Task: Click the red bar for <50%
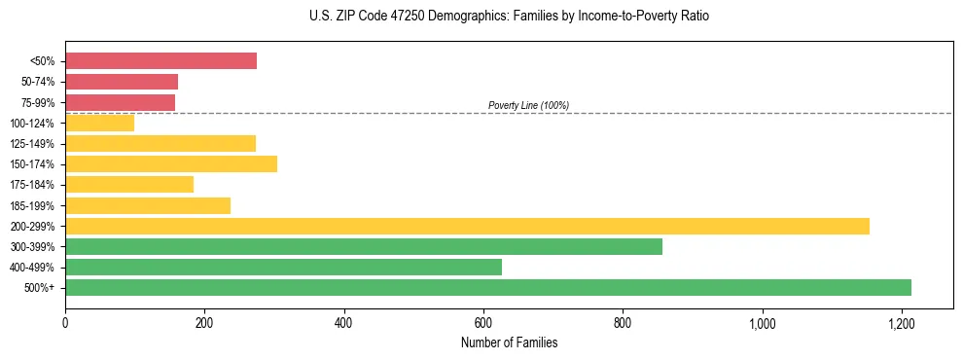coord(160,61)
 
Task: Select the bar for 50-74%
coord(122,82)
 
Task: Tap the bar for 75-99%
coord(120,102)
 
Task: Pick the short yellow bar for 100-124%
coord(99,123)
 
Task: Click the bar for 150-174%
coord(171,164)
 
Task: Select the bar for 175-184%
coord(129,185)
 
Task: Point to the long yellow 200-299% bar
coord(467,226)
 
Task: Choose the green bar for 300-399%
coord(364,246)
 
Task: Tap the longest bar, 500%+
coord(488,287)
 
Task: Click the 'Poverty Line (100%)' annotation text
coord(528,105)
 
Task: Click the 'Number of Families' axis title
coord(509,342)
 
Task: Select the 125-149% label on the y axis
coord(32,144)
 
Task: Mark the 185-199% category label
coord(32,206)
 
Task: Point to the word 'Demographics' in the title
coord(461,17)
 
